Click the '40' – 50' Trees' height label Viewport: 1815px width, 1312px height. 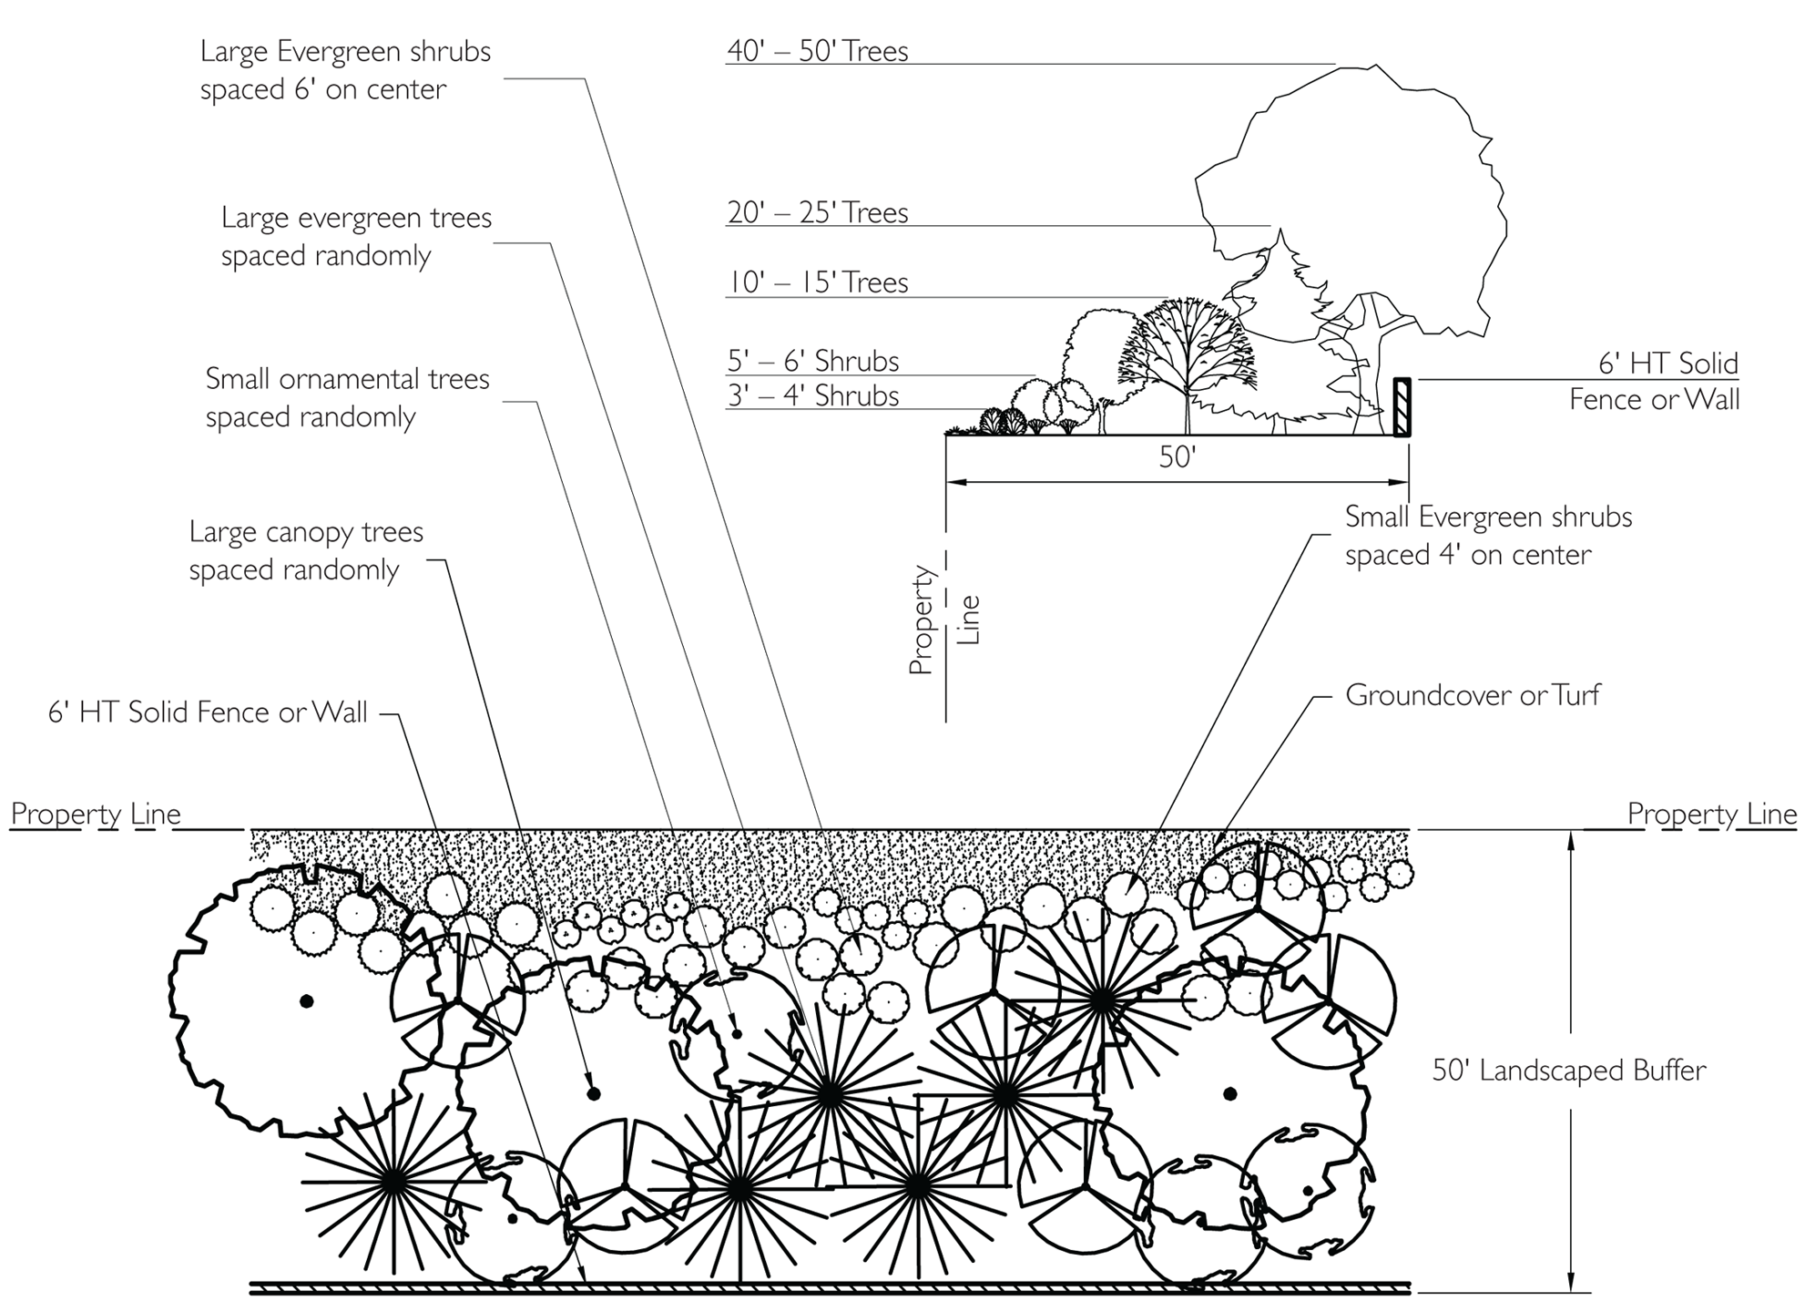817,51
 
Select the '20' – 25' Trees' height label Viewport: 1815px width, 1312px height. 817,213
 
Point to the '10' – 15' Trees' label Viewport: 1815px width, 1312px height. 817,282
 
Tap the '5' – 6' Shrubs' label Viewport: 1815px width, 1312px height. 812,362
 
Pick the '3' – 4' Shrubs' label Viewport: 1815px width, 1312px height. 812,396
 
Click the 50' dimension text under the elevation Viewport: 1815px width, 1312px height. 1177,457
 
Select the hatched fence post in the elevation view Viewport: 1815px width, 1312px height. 1402,407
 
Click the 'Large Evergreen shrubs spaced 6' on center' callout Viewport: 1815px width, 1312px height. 345,70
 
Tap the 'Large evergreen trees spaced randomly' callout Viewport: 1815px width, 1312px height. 356,237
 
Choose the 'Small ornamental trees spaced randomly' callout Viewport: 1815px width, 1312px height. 347,397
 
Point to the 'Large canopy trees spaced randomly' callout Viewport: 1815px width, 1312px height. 306,550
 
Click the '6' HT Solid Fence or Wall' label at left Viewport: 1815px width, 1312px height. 208,712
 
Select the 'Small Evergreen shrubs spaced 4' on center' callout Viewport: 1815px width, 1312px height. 1488,536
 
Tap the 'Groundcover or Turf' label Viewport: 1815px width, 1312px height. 1472,696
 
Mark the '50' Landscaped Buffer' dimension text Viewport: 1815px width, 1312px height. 1568,1071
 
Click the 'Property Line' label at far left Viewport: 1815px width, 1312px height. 96,814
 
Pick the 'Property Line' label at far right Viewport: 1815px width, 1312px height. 1711,814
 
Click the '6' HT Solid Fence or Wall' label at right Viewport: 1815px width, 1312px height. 1654,382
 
